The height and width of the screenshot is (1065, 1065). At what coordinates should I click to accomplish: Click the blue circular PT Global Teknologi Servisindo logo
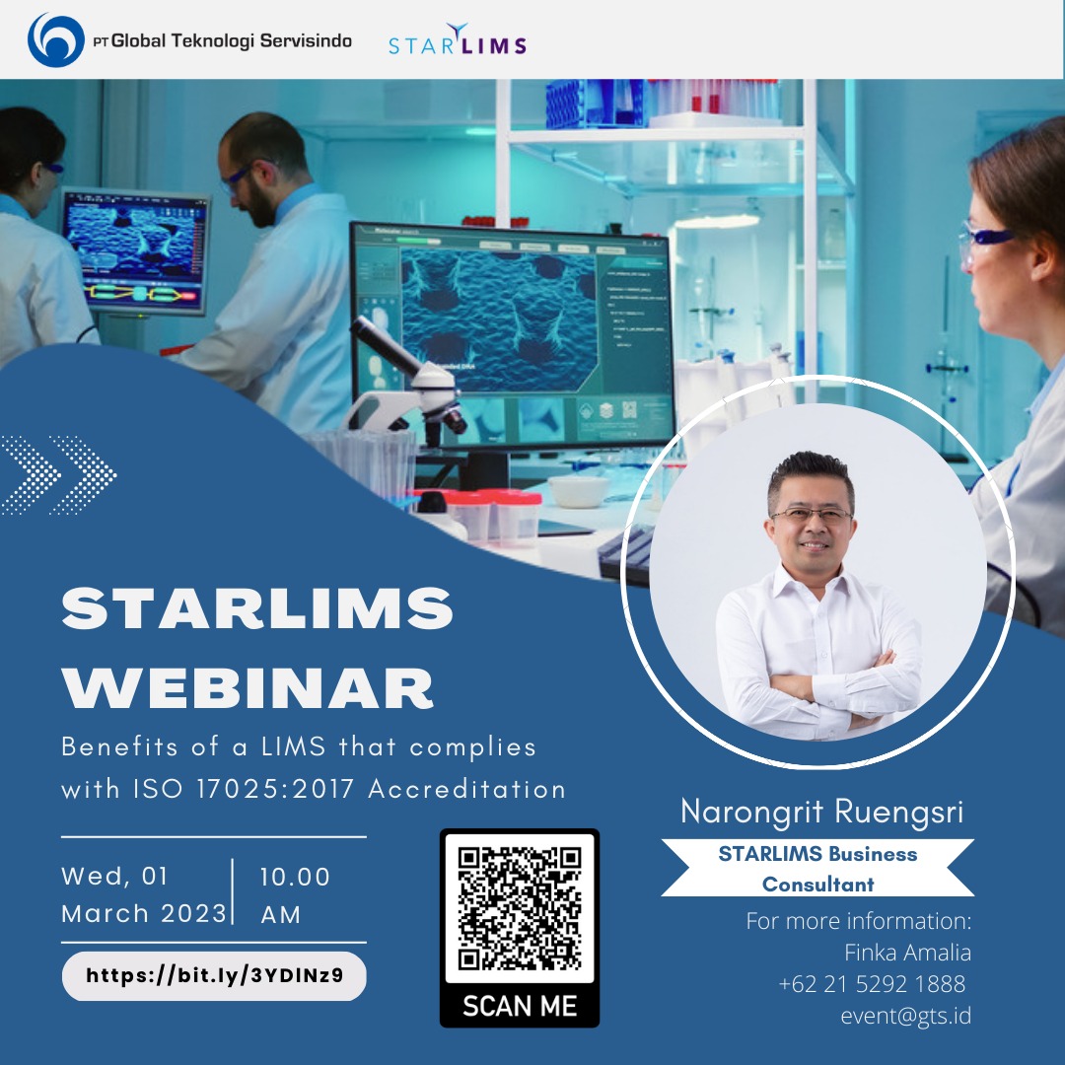(55, 40)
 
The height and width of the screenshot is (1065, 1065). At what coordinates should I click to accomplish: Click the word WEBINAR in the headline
(248, 688)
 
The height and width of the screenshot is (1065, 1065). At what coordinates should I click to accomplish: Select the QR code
(520, 908)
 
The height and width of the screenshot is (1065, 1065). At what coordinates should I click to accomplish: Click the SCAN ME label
(520, 1006)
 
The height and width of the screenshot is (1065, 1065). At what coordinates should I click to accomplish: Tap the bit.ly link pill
(214, 976)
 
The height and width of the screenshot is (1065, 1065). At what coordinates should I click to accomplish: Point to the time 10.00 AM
(295, 894)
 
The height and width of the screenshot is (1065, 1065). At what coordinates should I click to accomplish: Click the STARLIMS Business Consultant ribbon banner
(817, 868)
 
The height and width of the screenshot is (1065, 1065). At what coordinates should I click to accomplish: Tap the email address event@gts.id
(905, 1016)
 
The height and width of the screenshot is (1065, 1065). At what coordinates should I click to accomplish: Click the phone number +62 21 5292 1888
(872, 983)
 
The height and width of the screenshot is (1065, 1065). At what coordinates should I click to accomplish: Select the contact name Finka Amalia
(907, 953)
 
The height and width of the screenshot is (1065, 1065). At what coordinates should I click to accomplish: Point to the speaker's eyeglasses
(812, 514)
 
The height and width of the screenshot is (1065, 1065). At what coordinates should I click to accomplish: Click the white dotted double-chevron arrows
(58, 474)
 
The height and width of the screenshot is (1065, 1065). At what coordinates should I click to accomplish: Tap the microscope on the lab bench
(407, 384)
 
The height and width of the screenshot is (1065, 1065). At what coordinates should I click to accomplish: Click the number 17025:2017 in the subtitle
(276, 789)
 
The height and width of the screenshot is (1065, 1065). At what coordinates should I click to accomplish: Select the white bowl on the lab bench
(578, 490)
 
